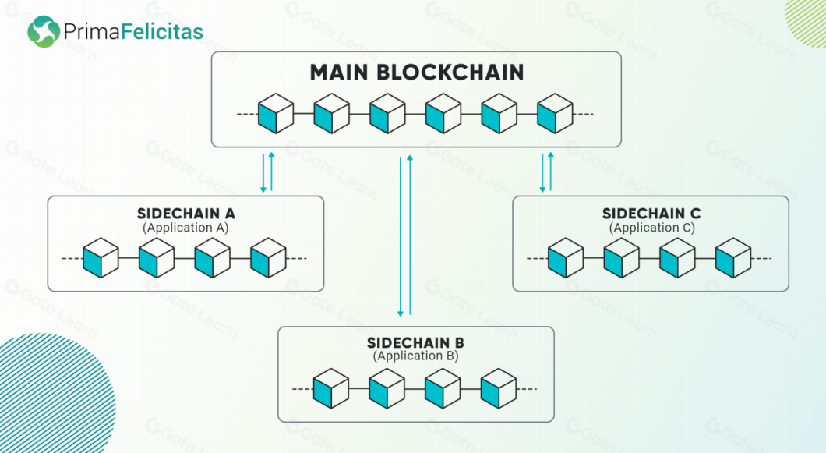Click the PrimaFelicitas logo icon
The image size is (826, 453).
pyautogui.click(x=44, y=32)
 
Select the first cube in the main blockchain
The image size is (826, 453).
pyautogui.click(x=275, y=114)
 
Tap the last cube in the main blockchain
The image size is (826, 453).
pyautogui.click(x=555, y=114)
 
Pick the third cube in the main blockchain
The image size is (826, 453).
pyautogui.click(x=387, y=114)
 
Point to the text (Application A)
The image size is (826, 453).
pyautogui.click(x=185, y=228)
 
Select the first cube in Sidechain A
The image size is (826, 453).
pyautogui.click(x=101, y=258)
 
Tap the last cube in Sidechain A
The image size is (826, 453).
pyautogui.click(x=268, y=258)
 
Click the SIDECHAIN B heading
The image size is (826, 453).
pyautogui.click(x=416, y=343)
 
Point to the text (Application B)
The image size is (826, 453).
pyautogui.click(x=416, y=356)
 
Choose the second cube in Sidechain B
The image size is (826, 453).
pyautogui.click(x=387, y=388)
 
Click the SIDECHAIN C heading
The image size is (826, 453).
pyautogui.click(x=651, y=214)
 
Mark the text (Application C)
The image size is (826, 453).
pyautogui.click(x=651, y=228)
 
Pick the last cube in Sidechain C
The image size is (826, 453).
pyautogui.click(x=733, y=258)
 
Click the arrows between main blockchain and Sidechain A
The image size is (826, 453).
pyautogui.click(x=267, y=172)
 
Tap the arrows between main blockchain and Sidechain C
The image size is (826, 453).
pyautogui.click(x=546, y=172)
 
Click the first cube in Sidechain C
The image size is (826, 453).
pyautogui.click(x=565, y=258)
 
